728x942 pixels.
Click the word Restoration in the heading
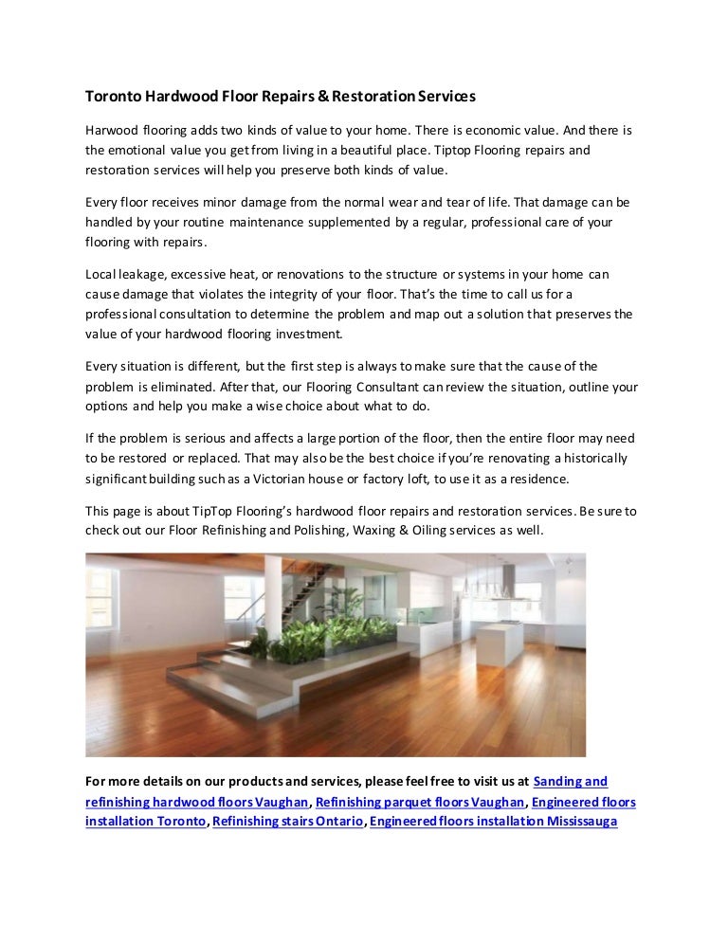(376, 97)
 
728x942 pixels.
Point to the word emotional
(141, 151)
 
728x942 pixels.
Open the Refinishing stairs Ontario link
(288, 822)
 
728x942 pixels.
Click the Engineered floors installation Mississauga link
(494, 822)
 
